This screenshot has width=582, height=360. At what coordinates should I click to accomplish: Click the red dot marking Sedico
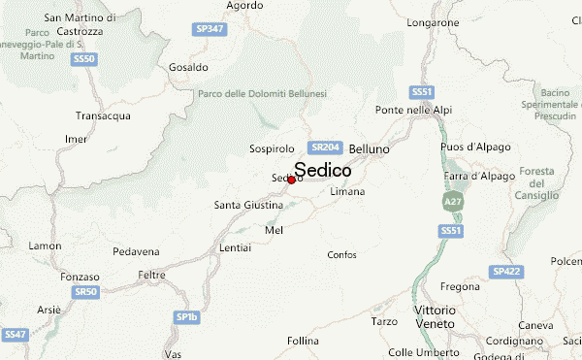point(292,180)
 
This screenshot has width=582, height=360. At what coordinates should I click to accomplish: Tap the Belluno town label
point(369,148)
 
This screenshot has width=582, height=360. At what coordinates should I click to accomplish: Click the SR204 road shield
point(324,147)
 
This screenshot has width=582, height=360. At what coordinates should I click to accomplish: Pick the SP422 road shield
point(505,272)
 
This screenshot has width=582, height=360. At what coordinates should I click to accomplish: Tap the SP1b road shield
point(186,316)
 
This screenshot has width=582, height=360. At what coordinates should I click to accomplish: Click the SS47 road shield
point(14,334)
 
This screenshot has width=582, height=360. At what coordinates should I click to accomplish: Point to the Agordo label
point(243,5)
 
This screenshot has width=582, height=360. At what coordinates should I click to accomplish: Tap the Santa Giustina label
point(247,205)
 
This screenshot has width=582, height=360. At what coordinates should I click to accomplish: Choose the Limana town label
point(347,192)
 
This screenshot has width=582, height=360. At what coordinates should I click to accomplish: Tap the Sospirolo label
point(272,149)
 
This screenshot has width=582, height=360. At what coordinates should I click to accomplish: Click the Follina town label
point(303,341)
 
